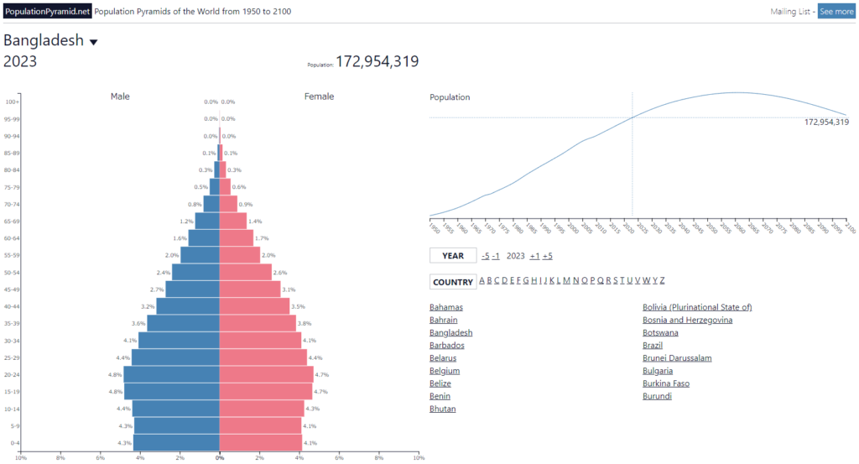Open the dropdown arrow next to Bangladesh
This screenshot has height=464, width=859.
pyautogui.click(x=94, y=42)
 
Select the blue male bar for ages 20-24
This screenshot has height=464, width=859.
pyautogui.click(x=171, y=374)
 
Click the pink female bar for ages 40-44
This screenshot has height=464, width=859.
pyautogui.click(x=254, y=306)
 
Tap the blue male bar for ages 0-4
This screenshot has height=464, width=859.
pyautogui.click(x=176, y=442)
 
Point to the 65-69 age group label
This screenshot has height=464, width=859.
pyautogui.click(x=13, y=222)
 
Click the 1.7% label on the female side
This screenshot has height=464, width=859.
pyautogui.click(x=261, y=238)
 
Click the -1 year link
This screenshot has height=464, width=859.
pyautogui.click(x=496, y=256)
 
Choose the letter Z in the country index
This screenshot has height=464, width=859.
pyautogui.click(x=662, y=280)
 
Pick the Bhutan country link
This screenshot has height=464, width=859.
pyautogui.click(x=442, y=409)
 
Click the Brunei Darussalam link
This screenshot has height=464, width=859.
pyautogui.click(x=677, y=358)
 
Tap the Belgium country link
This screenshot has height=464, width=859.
pyautogui.click(x=444, y=371)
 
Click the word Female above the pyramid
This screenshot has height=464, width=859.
pyautogui.click(x=319, y=96)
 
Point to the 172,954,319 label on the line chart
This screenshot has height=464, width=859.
pyautogui.click(x=826, y=123)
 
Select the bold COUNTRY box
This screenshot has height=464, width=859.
pyautogui.click(x=453, y=282)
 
